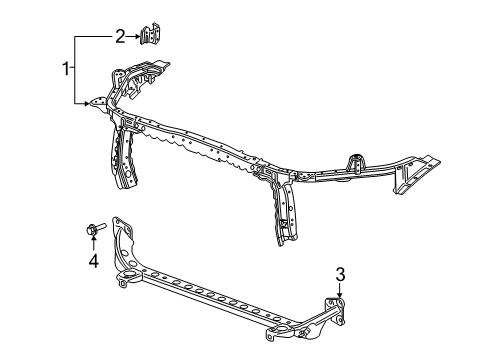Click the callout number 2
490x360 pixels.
click(x=119, y=37)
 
